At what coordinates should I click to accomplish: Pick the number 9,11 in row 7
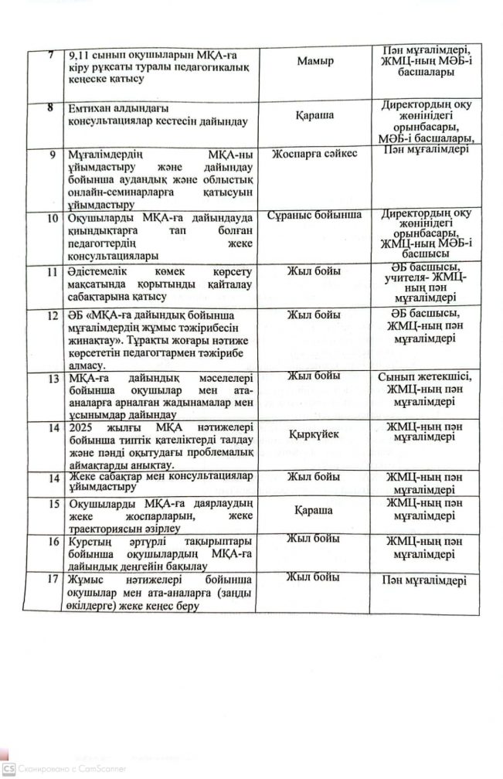[83, 54]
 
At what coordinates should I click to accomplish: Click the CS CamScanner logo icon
[9, 767]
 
